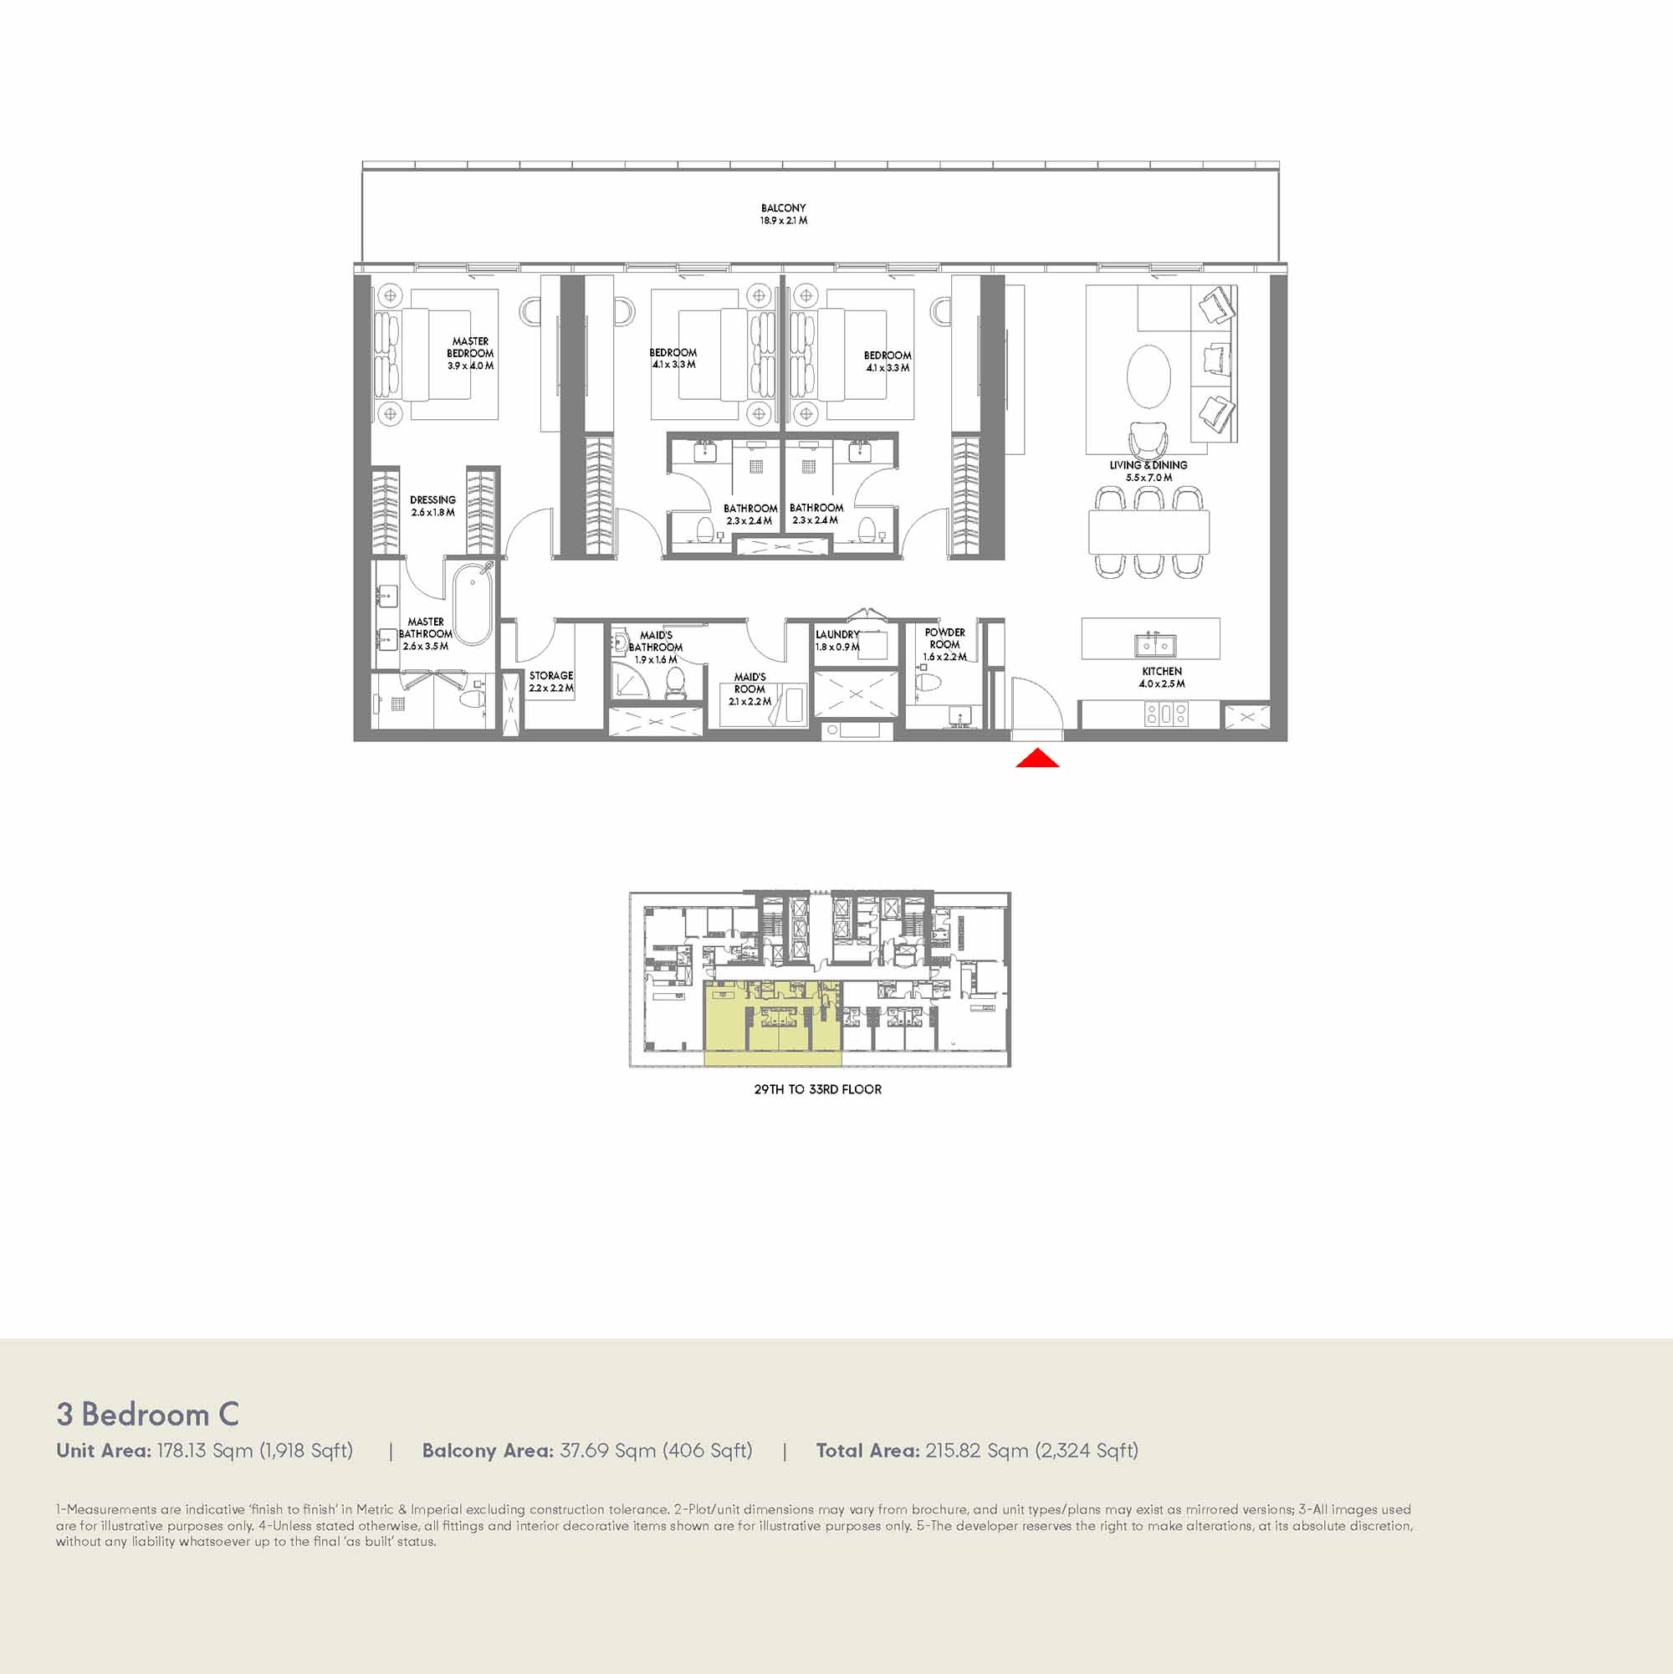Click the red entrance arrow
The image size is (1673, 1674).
coord(1037,759)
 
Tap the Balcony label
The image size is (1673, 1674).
coord(783,214)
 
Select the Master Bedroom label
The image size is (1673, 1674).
coord(470,354)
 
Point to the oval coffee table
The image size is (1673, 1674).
coord(1148,377)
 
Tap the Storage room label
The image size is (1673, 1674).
coord(551,681)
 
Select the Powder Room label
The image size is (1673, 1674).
coord(944,645)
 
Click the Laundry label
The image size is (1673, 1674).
coord(837,640)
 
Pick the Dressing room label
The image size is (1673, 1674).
coord(432,506)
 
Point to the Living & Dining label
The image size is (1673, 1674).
coord(1148,471)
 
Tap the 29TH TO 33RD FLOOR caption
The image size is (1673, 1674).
coord(818,1089)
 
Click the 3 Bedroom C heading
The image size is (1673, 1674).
coord(147,1415)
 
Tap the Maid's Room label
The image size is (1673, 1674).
coord(750,689)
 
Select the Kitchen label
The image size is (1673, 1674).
coord(1162,678)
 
